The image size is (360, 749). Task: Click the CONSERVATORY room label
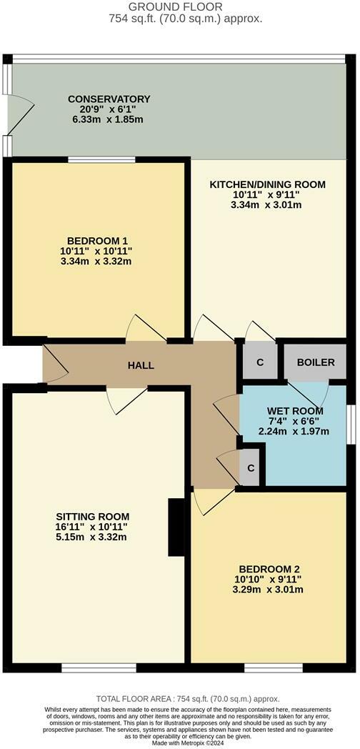[x=109, y=99]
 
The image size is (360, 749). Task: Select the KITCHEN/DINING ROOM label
[x=266, y=184]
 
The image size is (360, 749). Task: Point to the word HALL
[x=141, y=365]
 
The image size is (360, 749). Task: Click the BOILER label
[x=316, y=362]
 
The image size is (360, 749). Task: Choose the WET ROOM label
[x=295, y=411]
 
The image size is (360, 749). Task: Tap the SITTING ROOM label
[x=93, y=516]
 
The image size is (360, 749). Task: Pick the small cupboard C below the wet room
[x=250, y=467]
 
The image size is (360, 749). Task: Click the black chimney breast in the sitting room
[x=174, y=527]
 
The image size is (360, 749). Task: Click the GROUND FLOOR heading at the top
[x=179, y=6]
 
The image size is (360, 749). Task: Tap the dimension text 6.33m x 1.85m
[x=108, y=119]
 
